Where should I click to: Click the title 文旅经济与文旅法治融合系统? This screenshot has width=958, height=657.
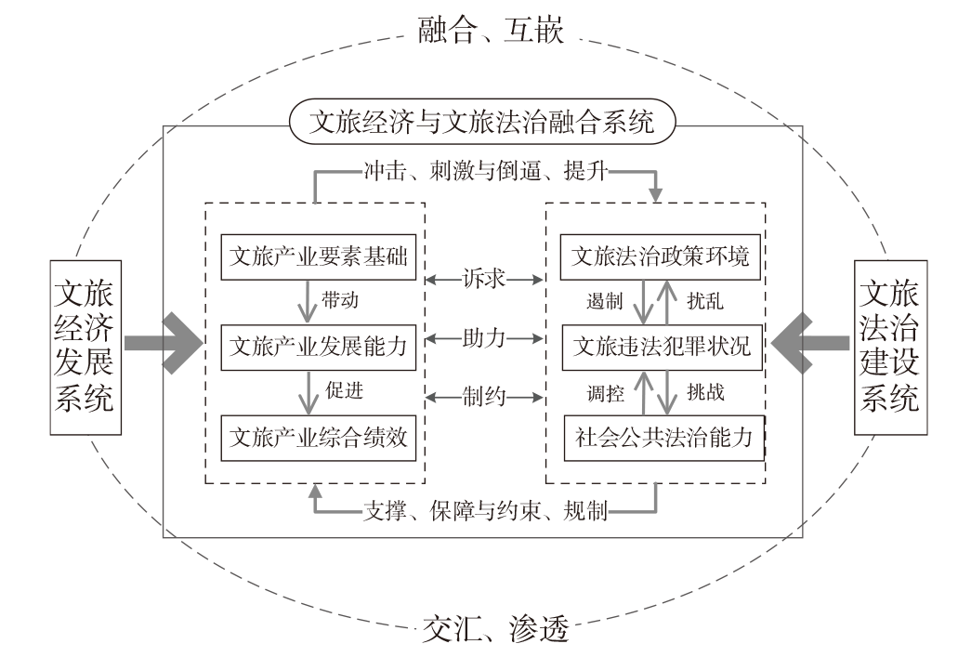click(482, 121)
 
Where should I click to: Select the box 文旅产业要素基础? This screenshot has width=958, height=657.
click(319, 256)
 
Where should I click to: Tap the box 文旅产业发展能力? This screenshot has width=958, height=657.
click(319, 347)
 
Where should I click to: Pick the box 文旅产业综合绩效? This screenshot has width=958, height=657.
click(319, 438)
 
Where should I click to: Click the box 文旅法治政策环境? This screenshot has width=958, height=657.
click(661, 256)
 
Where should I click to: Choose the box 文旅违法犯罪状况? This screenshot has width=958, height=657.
click(663, 347)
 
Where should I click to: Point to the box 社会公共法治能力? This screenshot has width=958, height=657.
click(664, 438)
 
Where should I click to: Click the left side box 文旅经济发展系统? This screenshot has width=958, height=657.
click(85, 348)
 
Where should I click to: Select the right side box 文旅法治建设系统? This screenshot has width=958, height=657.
click(891, 348)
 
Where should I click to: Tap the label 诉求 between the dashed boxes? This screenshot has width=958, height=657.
click(484, 279)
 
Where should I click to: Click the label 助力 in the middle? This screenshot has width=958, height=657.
click(484, 338)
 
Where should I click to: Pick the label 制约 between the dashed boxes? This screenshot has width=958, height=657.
click(484, 397)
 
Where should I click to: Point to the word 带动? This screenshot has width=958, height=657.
click(340, 301)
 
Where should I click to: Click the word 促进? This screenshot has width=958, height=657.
click(344, 390)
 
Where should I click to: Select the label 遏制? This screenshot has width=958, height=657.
click(604, 301)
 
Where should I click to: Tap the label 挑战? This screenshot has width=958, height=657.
click(705, 392)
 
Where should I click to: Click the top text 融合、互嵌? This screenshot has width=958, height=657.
click(491, 30)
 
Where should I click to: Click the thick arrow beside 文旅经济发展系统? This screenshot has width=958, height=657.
click(164, 343)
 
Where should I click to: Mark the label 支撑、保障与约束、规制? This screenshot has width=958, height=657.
click(486, 510)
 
